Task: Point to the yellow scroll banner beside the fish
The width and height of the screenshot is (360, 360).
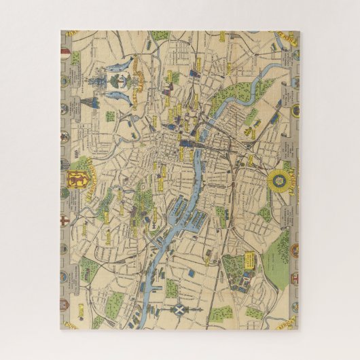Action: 139,75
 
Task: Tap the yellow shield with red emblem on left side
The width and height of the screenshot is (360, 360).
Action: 75,181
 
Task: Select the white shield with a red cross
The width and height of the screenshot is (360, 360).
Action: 64,228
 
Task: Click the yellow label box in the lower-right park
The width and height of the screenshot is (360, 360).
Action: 249,259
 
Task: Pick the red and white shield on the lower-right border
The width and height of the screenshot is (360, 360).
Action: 294,278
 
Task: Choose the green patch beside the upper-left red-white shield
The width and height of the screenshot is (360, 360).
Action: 75,58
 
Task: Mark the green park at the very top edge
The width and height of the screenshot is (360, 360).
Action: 160,35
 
